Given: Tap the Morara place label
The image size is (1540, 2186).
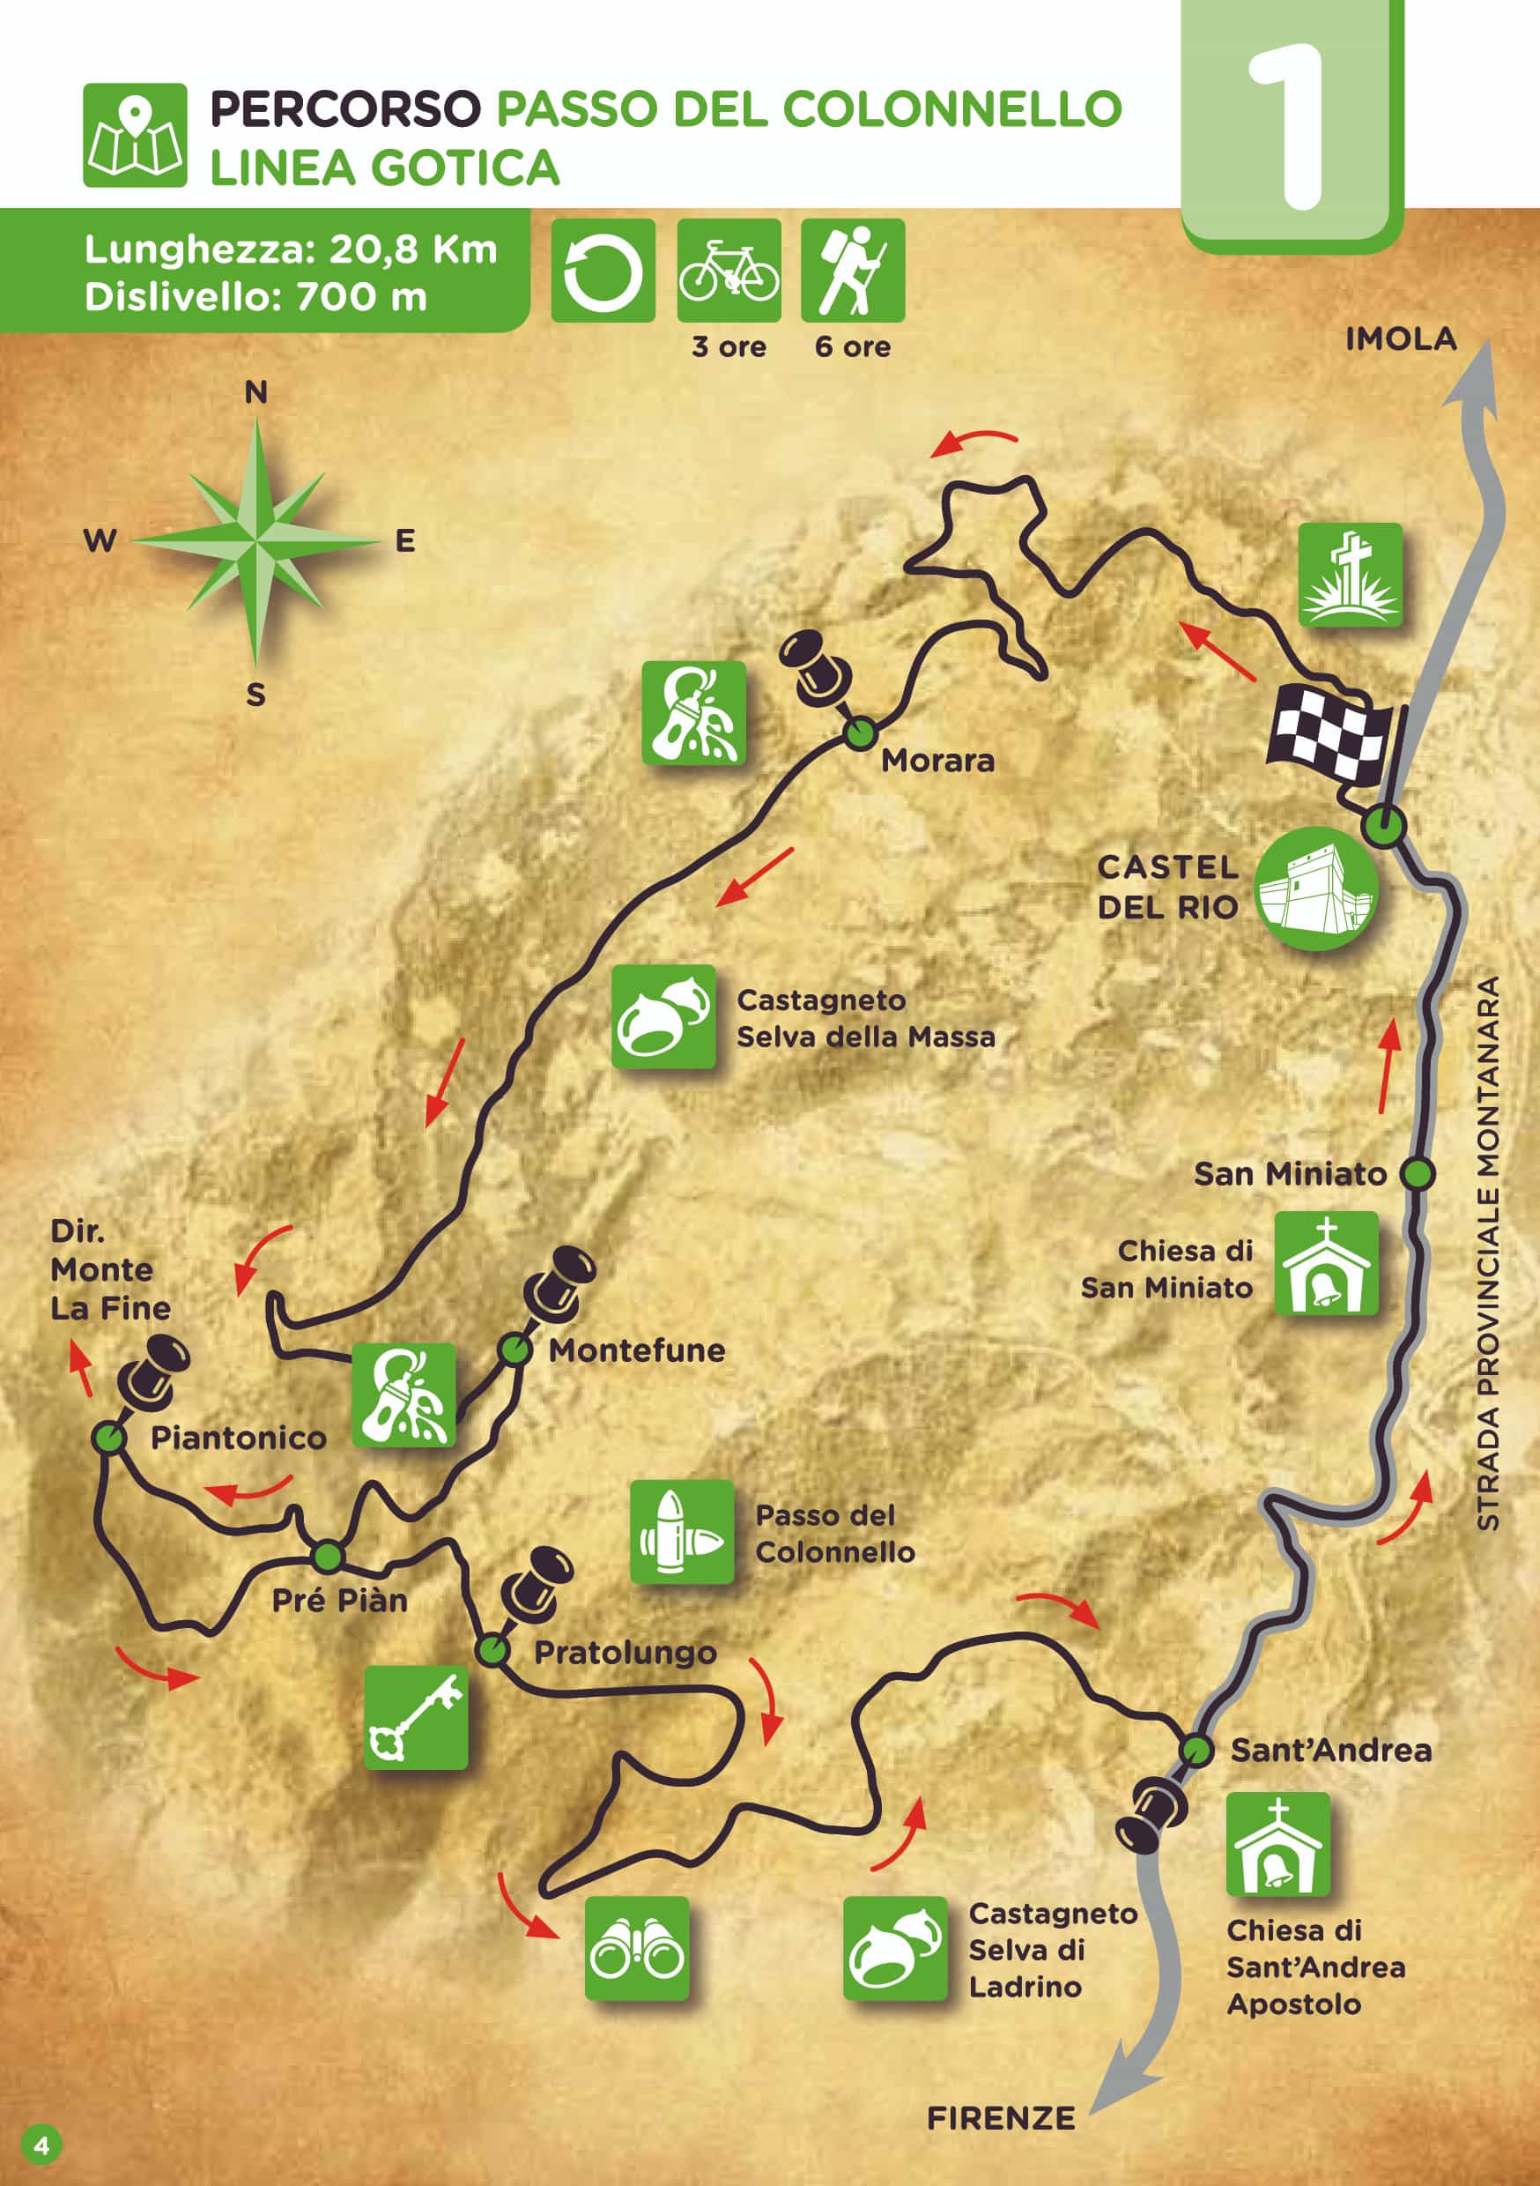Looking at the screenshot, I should (x=937, y=761).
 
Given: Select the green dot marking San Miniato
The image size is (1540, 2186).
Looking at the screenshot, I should (x=1418, y=1174).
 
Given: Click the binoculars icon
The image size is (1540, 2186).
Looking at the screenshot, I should (x=636, y=1947).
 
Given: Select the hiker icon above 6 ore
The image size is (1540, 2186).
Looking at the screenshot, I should (x=852, y=271).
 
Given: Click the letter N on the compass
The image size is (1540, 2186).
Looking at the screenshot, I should (x=256, y=392).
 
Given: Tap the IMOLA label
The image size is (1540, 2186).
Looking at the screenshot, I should (x=1400, y=339).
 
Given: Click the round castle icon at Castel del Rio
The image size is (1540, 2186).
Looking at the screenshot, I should (x=1316, y=889).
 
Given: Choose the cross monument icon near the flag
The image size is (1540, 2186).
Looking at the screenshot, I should (x=1350, y=575).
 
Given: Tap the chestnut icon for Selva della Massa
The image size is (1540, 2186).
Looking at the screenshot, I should (x=663, y=1016).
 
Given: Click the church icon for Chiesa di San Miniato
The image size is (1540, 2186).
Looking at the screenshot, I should (x=1326, y=1263).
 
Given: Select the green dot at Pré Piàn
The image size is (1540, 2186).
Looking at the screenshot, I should (x=328, y=1557).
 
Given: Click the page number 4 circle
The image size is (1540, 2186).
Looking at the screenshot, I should (x=41, y=2145).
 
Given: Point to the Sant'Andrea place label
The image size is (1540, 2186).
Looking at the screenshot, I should (x=1329, y=1750).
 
